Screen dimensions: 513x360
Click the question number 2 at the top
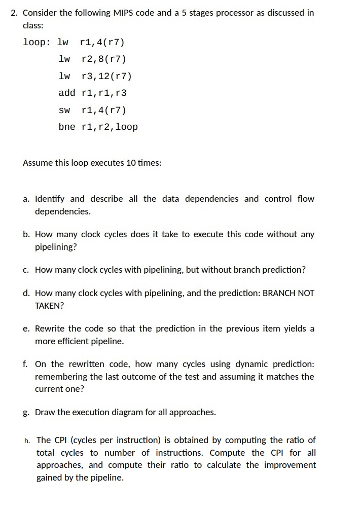click(x=14, y=13)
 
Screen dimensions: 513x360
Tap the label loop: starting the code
click(x=37, y=42)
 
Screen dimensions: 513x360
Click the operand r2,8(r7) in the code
click(x=104, y=59)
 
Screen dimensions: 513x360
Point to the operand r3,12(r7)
click(x=106, y=76)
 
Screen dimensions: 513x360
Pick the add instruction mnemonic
click(x=67, y=93)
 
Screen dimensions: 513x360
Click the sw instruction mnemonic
click(x=64, y=110)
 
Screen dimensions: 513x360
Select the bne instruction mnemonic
click(x=67, y=127)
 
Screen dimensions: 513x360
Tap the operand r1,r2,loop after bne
click(x=110, y=127)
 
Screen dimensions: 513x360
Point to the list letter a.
click(x=26, y=199)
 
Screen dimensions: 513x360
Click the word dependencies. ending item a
click(x=63, y=211)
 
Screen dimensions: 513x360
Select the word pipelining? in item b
click(x=56, y=247)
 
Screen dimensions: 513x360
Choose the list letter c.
click(x=26, y=270)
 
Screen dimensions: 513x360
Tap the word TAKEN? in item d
click(x=49, y=306)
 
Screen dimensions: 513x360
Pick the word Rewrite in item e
click(x=50, y=328)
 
